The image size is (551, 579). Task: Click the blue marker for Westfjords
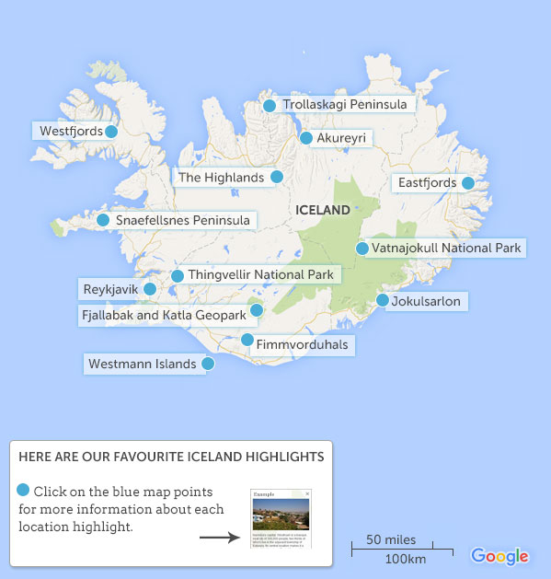click(x=111, y=132)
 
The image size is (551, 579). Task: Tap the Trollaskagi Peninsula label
click(x=345, y=105)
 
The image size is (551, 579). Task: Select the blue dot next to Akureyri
click(x=306, y=138)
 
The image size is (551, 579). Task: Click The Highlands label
click(x=221, y=177)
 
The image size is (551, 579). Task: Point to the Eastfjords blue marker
click(x=468, y=183)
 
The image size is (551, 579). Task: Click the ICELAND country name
click(x=323, y=210)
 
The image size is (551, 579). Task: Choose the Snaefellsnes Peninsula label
click(x=182, y=221)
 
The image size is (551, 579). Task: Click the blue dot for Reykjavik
click(x=150, y=289)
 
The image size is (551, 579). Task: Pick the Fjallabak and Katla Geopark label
click(x=164, y=315)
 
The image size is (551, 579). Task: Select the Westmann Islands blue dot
click(x=208, y=364)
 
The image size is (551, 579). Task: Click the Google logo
click(x=499, y=555)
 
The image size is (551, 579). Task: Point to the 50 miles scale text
click(x=391, y=539)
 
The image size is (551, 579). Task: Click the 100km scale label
click(x=405, y=560)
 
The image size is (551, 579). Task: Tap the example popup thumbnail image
click(x=281, y=518)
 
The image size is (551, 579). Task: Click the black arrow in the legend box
click(x=219, y=537)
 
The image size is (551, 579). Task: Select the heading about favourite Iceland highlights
click(x=171, y=457)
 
